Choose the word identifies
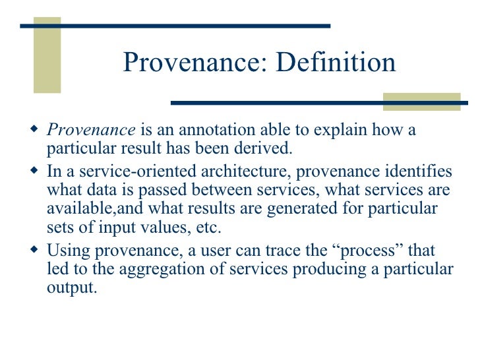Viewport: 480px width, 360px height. [x=421, y=172]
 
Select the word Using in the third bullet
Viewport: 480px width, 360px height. [x=64, y=251]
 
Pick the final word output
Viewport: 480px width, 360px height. [x=71, y=287]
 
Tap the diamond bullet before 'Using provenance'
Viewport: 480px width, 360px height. [x=35, y=250]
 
